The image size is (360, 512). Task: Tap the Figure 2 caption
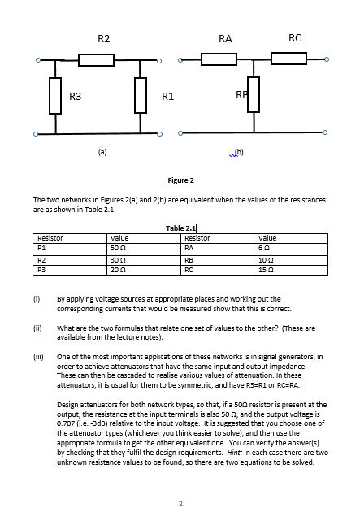(180, 180)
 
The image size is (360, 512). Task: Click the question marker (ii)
(37, 328)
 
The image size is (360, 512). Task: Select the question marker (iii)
(38, 356)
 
